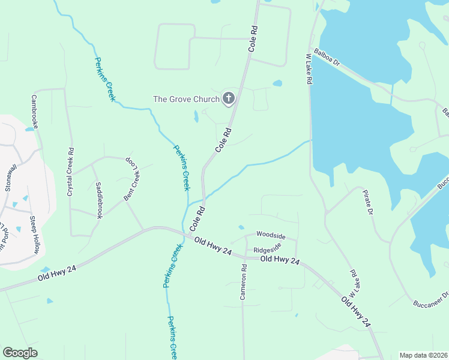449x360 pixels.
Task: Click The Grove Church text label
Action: tap(187, 99)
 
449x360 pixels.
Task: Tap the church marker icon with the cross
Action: tap(228, 98)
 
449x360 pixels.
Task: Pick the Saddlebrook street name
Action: tap(100, 200)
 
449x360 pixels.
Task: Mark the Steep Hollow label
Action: tap(34, 235)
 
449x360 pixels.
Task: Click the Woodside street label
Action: tap(271, 235)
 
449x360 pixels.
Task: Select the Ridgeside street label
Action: tap(268, 249)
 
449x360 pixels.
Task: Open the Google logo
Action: tap(20, 353)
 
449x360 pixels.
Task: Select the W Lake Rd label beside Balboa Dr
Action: tap(310, 69)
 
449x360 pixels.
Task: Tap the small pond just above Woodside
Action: tap(241, 227)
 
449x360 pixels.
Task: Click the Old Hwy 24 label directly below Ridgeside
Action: tap(280, 260)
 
